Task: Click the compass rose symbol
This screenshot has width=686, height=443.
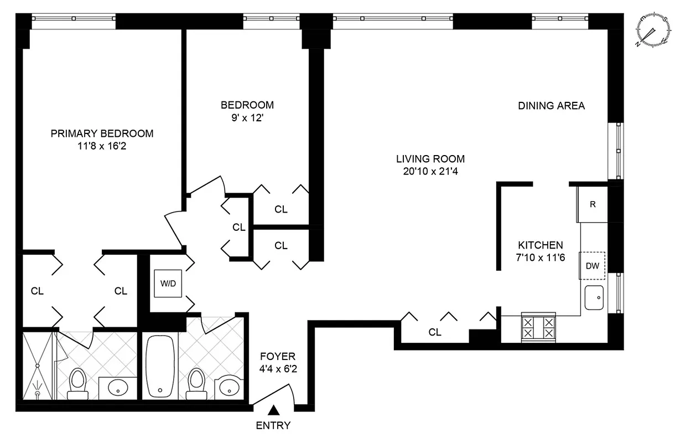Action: click(654, 30)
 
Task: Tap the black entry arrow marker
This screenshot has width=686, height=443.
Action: click(273, 410)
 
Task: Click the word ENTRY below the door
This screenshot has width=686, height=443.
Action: click(273, 426)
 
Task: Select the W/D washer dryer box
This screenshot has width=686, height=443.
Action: click(168, 284)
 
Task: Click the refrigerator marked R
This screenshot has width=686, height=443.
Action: click(593, 204)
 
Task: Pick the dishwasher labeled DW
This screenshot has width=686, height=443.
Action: click(593, 266)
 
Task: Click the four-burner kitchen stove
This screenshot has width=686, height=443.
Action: click(538, 327)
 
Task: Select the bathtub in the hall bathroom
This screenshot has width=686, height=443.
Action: click(160, 365)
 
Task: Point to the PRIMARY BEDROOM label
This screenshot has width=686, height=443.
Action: click(102, 133)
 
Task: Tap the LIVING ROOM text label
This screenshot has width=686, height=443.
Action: click(430, 158)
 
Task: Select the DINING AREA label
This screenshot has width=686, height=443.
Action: click(551, 106)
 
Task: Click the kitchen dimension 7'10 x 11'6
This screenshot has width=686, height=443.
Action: click(540, 257)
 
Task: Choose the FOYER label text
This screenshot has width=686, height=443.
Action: click(278, 357)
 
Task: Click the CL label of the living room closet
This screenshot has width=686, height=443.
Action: click(435, 332)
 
